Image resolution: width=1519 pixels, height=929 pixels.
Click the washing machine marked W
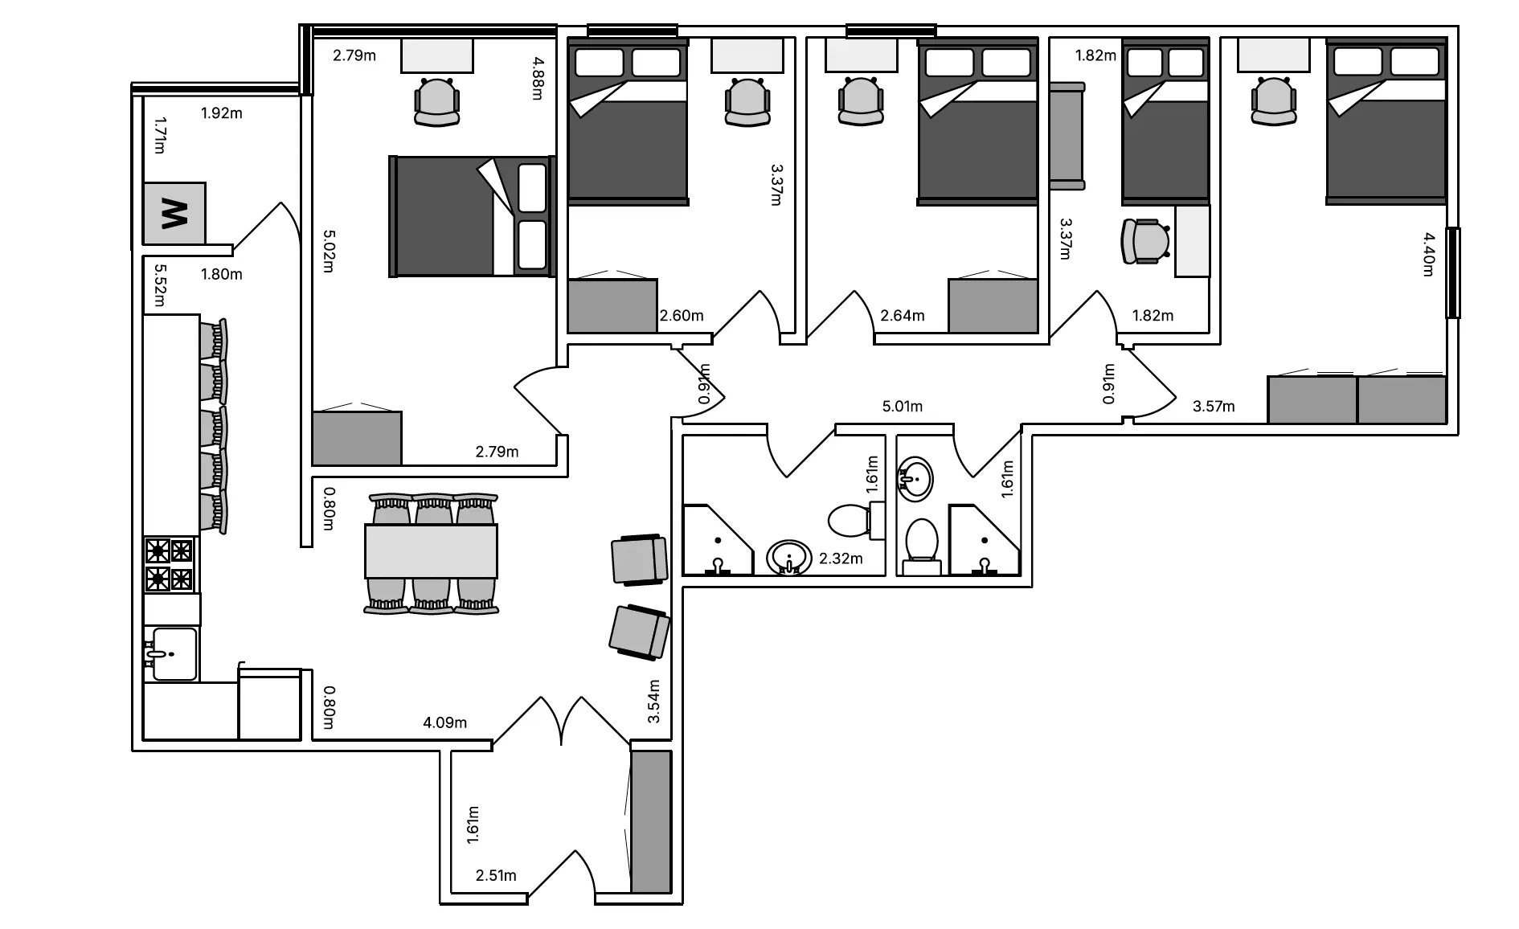[174, 213]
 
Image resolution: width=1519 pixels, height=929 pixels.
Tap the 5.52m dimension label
[158, 285]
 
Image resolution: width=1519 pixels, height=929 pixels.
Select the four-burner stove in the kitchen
[170, 565]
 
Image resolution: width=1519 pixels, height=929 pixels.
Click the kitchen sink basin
[173, 654]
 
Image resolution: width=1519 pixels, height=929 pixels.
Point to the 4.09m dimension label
[444, 722]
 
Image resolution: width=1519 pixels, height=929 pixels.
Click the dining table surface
[431, 551]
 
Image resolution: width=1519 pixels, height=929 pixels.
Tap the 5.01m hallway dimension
[902, 406]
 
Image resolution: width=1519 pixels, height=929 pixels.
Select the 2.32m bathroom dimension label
[841, 558]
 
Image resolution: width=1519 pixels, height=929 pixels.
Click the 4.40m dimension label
[1428, 254]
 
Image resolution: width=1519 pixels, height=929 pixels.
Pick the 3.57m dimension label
[1214, 406]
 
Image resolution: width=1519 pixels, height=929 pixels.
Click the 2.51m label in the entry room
[496, 875]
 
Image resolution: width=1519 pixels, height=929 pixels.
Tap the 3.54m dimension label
[653, 701]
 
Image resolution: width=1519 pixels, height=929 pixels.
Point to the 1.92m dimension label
[221, 113]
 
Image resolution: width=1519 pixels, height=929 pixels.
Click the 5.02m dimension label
[328, 251]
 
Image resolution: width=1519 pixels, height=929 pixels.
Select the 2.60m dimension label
[682, 315]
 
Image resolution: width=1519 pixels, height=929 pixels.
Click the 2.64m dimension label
[902, 315]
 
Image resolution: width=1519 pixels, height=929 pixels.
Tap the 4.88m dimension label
[538, 77]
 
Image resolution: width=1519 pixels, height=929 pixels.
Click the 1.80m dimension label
[221, 274]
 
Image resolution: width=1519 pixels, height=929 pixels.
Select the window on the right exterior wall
[1452, 272]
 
